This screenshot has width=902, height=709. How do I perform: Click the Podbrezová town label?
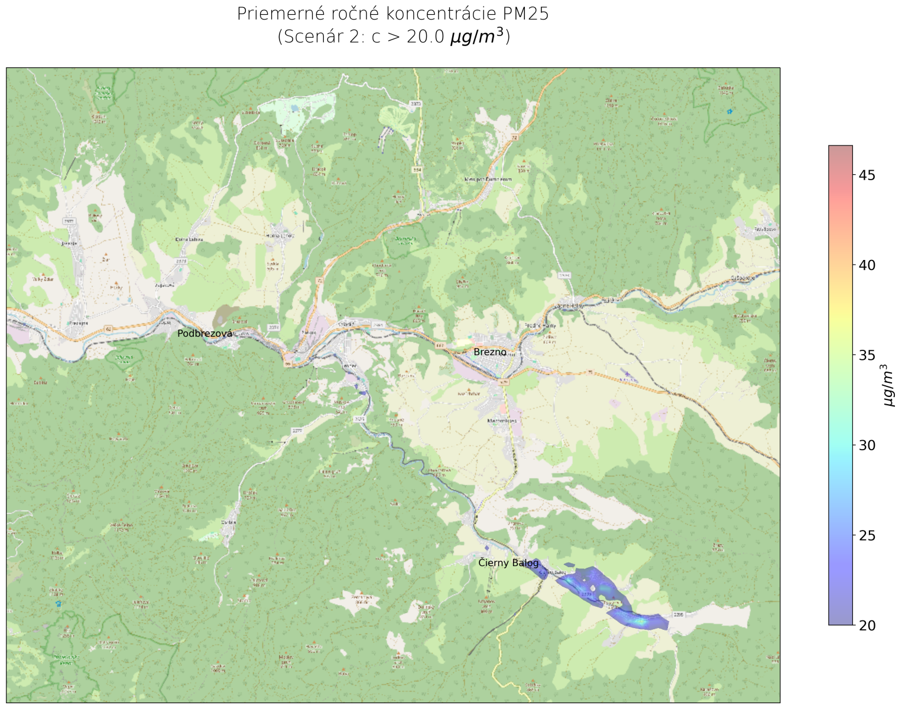(x=205, y=334)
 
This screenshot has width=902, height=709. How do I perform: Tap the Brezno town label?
(x=490, y=352)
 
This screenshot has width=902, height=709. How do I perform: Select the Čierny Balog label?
(x=508, y=563)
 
